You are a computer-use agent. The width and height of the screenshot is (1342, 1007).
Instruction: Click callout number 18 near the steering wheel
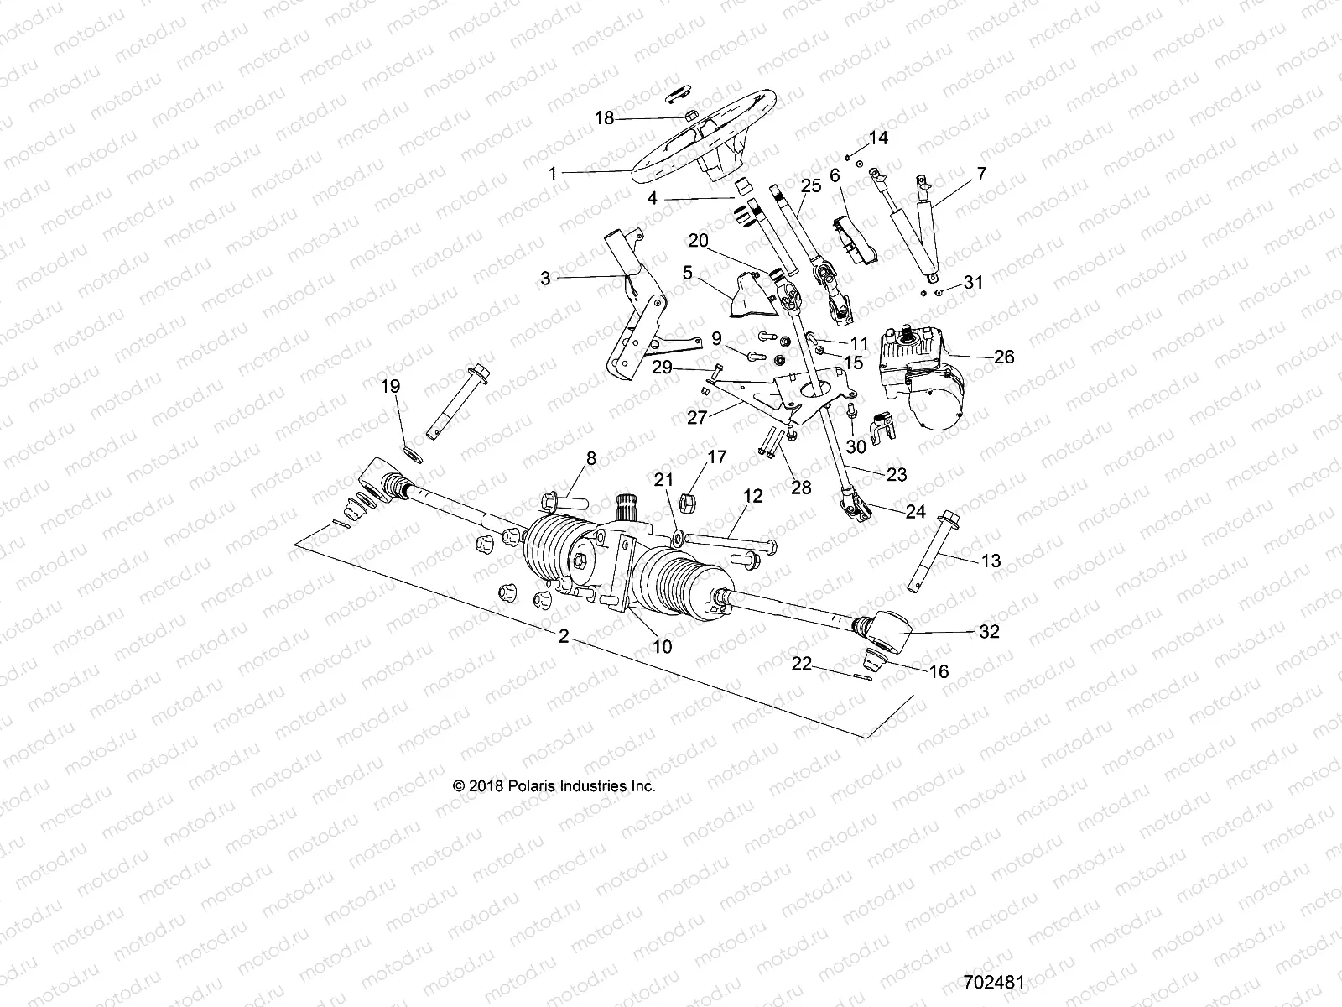(604, 118)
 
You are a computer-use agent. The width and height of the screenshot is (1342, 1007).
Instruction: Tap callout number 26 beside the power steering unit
(1003, 357)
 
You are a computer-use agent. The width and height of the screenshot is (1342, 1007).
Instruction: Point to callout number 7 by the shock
(958, 175)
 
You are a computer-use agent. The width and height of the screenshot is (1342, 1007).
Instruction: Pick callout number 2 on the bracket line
(564, 638)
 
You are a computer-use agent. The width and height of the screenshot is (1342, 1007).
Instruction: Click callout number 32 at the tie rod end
(990, 632)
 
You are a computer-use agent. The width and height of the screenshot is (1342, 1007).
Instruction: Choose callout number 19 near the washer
(391, 387)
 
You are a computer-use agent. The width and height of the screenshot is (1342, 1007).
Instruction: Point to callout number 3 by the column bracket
(545, 278)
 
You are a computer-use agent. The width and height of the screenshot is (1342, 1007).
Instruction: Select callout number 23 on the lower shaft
(897, 475)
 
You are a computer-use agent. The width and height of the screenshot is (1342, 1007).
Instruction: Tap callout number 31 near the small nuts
(973, 283)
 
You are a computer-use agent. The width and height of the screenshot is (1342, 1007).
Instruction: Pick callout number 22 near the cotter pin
(802, 663)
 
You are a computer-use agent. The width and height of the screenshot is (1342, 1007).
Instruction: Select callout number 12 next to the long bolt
(752, 497)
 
